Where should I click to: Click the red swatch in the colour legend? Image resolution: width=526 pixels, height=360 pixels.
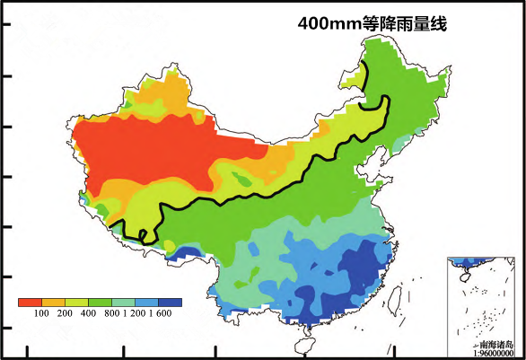pos(30,302)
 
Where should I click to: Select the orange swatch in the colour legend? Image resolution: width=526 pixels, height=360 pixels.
pos(53,302)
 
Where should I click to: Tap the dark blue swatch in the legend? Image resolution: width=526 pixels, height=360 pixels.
pos(171,302)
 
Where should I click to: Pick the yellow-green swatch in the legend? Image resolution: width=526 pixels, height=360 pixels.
pos(76,302)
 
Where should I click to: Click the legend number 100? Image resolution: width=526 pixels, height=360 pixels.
pos(41,314)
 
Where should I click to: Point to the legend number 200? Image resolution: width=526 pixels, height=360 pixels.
pos(65,314)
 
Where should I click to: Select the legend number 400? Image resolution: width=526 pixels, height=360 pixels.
pos(88,314)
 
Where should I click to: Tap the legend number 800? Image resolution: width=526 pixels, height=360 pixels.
pos(111,314)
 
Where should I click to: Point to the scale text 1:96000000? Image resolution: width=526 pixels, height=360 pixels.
pos(493,353)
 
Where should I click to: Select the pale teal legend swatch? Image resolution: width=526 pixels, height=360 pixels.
pos(124,302)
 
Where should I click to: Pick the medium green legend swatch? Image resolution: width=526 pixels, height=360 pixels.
pos(100,302)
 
